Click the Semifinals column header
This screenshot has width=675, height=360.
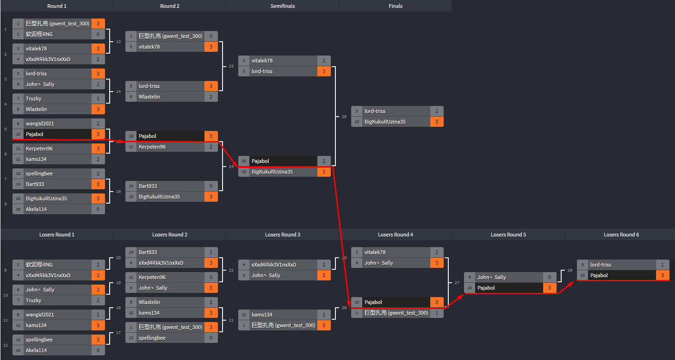pos(282,6)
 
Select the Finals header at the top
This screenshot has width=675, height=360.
pos(395,6)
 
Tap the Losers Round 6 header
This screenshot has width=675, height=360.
pos(621,235)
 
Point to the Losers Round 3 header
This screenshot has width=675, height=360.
pos(282,235)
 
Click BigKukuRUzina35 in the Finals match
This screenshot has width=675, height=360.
pos(385,122)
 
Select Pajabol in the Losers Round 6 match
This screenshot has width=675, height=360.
pos(599,275)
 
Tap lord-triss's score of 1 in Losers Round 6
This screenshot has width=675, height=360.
pos(663,265)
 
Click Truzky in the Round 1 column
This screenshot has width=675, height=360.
pos(34,99)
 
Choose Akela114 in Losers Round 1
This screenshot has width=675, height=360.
pos(36,350)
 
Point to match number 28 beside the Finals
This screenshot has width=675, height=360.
pos(344,117)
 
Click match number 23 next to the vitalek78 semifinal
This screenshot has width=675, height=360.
pos(231,66)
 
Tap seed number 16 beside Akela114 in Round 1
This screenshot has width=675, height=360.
pos(18,209)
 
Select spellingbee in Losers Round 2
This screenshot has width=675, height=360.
pos(152,338)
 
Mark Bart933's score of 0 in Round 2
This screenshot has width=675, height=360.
pos(211,186)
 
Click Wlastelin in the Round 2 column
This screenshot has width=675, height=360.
pos(149,97)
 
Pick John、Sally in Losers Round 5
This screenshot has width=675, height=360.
pos(491,277)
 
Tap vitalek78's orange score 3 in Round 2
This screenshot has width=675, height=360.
pos(211,47)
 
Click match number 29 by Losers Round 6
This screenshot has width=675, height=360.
pos(570,270)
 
